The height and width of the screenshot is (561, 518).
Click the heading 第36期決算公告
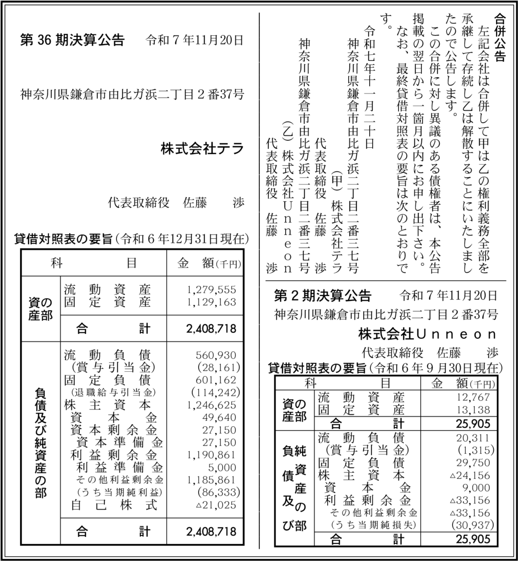click(72, 40)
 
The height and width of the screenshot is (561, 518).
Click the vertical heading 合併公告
click(500, 37)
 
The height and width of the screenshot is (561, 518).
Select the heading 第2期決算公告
click(323, 296)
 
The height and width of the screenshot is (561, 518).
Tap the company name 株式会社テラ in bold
click(203, 149)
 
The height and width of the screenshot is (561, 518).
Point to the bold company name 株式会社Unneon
click(428, 334)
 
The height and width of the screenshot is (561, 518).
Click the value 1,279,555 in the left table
click(212, 289)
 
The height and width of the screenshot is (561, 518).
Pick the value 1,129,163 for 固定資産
click(212, 302)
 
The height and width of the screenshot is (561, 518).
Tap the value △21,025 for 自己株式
click(216, 505)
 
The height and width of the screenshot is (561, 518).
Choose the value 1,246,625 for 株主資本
click(212, 405)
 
